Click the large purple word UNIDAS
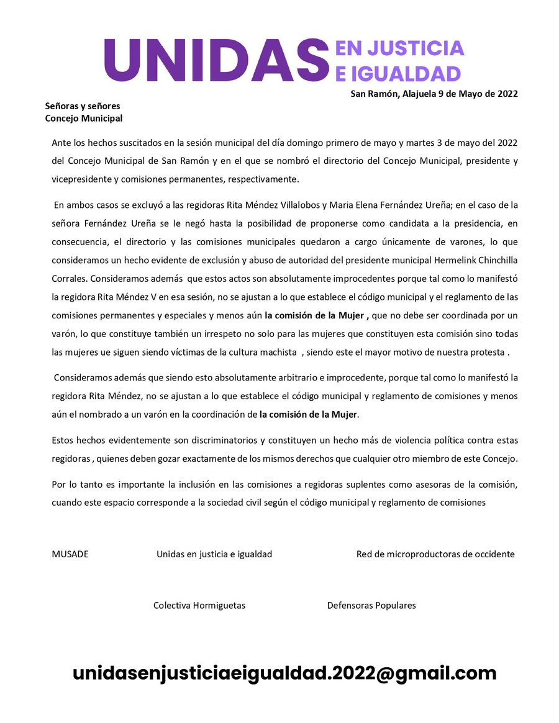coord(216,60)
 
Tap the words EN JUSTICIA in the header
coord(399,48)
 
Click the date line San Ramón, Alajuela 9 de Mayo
coord(434,94)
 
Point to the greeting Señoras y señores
coord(83,106)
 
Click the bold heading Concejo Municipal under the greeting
coord(84,118)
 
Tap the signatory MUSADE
coord(70,554)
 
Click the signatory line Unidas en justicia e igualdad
coord(214,554)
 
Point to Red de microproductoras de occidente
coord(435,554)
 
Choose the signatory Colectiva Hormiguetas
coord(199,606)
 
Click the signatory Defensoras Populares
coord(371,606)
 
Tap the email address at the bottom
coord(284,673)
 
